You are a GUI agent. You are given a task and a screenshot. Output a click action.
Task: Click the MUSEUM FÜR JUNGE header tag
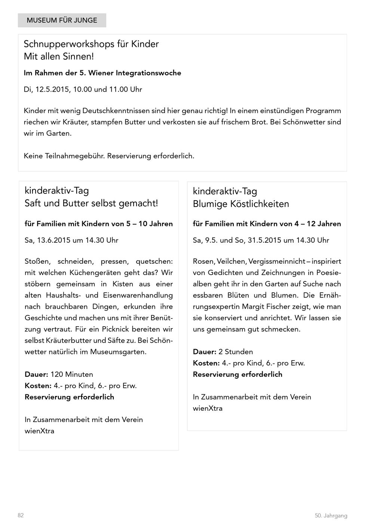click(62, 20)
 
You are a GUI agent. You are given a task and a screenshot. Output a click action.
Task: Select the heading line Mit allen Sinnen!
click(59, 57)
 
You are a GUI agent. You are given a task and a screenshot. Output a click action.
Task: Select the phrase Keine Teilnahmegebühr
click(64, 156)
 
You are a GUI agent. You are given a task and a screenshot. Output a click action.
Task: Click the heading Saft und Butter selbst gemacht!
click(91, 204)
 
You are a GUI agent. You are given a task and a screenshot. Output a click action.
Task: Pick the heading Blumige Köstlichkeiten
click(241, 204)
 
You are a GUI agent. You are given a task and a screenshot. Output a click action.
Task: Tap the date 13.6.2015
click(53, 240)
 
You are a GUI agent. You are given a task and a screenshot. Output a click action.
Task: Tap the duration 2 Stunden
click(236, 352)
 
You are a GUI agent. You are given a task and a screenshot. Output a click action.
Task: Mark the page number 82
click(21, 516)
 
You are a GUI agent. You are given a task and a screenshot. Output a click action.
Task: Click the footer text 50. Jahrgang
click(331, 516)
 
